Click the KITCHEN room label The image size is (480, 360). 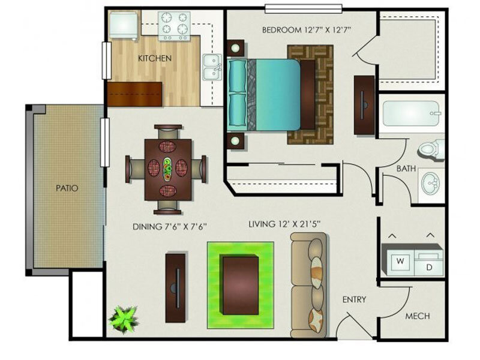point(155,58)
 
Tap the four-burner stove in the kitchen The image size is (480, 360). point(174,26)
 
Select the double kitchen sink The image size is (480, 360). point(212,67)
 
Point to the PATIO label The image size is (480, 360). point(67,188)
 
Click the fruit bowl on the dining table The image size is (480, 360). point(168,169)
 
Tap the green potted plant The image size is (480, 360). point(124,319)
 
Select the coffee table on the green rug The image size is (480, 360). point(241,286)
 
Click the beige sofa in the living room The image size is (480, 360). point(308,286)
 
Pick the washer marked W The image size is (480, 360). point(398,261)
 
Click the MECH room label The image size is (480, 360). point(418,316)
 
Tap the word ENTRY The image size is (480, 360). point(354,299)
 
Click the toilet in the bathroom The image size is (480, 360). point(431,150)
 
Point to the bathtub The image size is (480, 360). point(411,113)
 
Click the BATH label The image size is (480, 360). point(406,169)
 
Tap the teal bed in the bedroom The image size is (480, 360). point(263,94)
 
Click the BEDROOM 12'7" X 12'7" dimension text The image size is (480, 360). point(306,30)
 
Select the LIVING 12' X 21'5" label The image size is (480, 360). point(284,224)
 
